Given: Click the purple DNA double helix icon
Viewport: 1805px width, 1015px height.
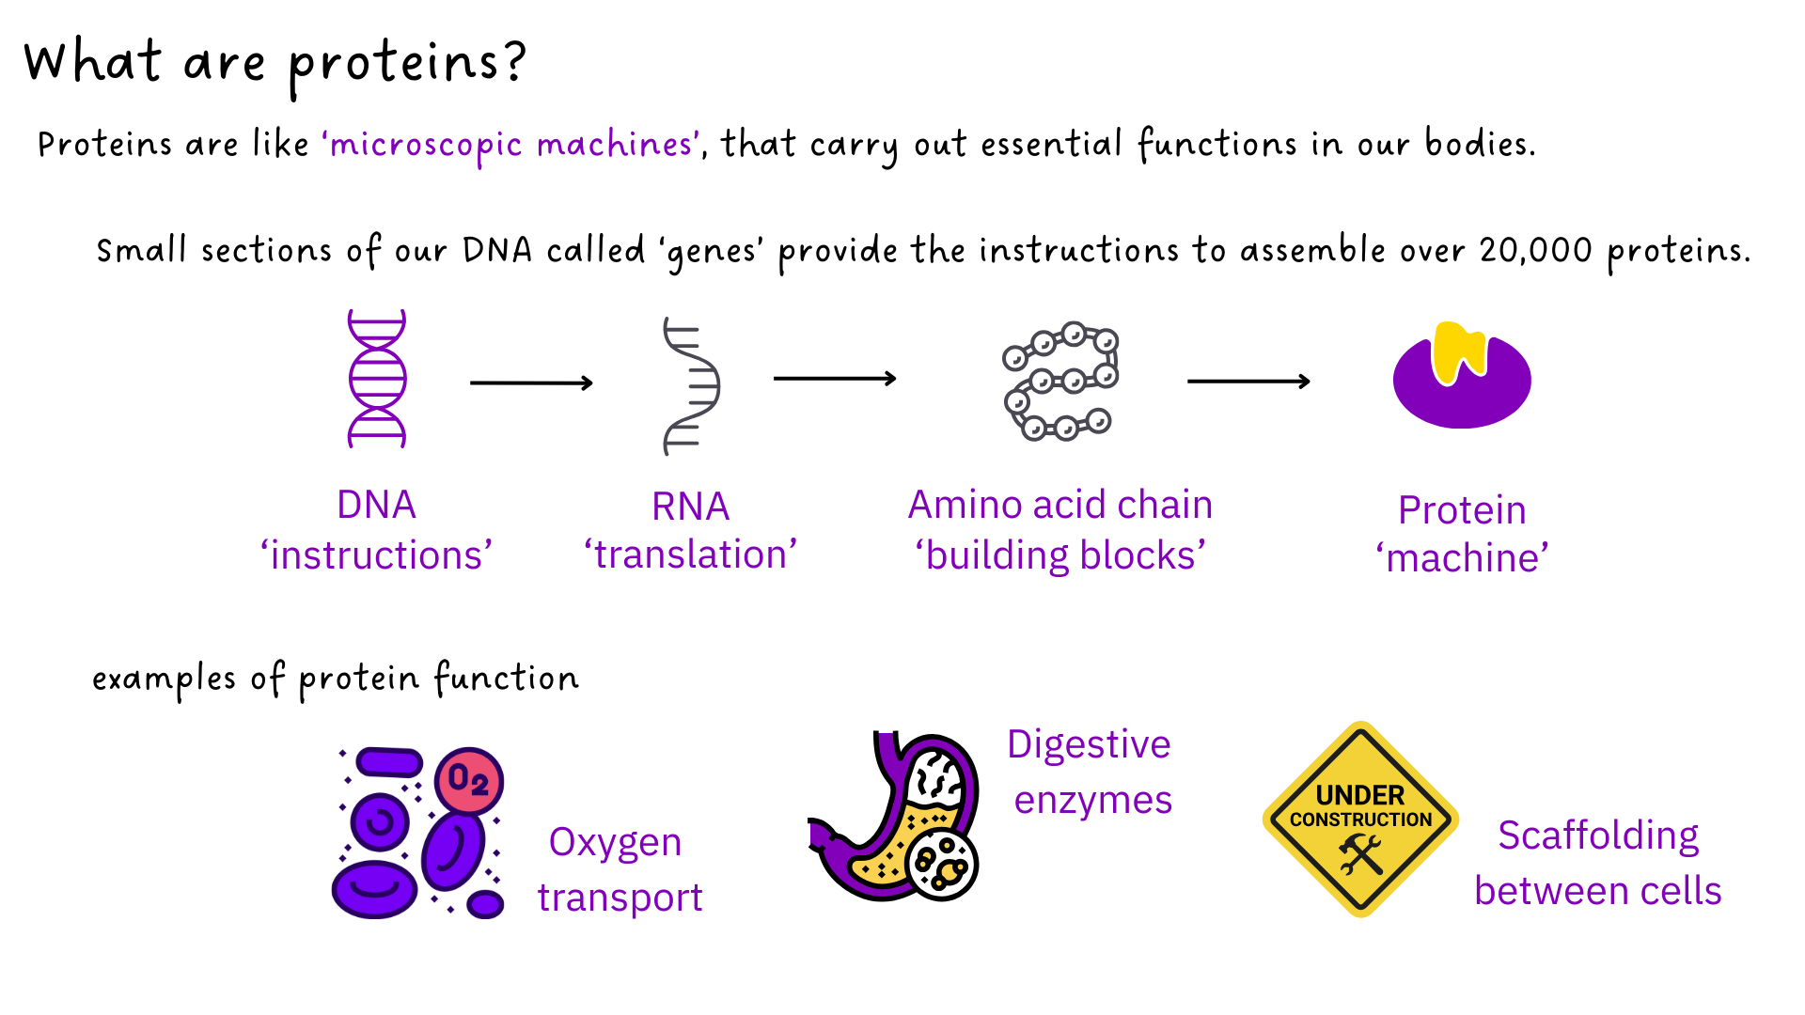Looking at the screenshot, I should pyautogui.click(x=377, y=379).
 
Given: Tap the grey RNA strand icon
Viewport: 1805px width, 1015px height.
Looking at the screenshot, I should pyautogui.click(x=691, y=386).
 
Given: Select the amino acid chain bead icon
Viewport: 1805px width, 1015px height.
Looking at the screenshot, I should pyautogui.click(x=1060, y=381).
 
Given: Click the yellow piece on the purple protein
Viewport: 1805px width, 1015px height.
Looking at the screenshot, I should pyautogui.click(x=1458, y=351).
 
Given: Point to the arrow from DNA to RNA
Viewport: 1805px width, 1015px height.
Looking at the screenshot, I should pyautogui.click(x=531, y=383).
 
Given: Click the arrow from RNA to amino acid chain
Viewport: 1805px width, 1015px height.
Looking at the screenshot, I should pyautogui.click(x=835, y=379).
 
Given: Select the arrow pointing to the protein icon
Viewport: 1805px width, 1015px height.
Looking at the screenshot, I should pyautogui.click(x=1248, y=382).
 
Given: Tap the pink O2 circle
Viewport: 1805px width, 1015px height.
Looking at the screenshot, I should pyautogui.click(x=469, y=780).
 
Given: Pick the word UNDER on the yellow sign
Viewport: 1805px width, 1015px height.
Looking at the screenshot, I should pyautogui.click(x=1359, y=795).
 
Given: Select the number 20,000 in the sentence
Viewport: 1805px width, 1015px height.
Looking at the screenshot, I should pyautogui.click(x=1535, y=251).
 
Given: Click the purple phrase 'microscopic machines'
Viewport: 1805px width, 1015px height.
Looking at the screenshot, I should pyautogui.click(x=511, y=145).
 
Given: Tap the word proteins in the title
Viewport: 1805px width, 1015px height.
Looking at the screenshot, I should pyautogui.click(x=396, y=64).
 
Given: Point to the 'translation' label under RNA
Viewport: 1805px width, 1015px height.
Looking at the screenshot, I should pyautogui.click(x=691, y=554).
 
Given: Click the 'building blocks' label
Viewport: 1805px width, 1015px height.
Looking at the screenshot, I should pyautogui.click(x=1060, y=555).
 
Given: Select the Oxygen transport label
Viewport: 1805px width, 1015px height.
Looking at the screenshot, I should pyautogui.click(x=620, y=869).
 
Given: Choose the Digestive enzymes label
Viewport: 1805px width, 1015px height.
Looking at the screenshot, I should pyautogui.click(x=1091, y=772).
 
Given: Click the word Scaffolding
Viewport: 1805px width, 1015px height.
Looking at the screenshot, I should pyautogui.click(x=1598, y=835).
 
